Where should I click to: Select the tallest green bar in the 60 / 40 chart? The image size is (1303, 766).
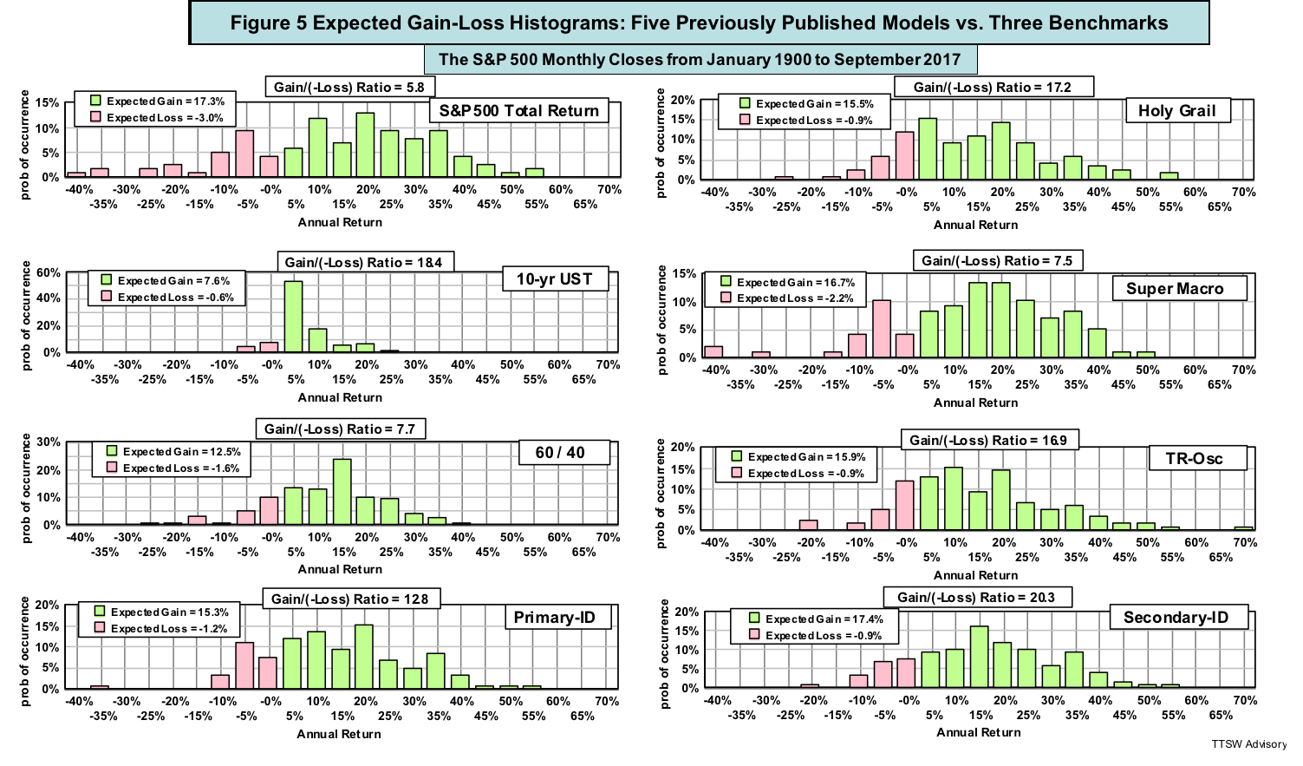(342, 492)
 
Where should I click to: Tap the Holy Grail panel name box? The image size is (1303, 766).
(1176, 110)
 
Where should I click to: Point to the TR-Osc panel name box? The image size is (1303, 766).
(1194, 459)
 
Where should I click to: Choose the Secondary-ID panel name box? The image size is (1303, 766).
(1176, 618)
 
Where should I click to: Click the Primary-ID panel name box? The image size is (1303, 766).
(555, 618)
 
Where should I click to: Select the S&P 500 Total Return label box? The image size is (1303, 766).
(518, 111)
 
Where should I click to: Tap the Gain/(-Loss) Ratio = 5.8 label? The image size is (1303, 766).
(349, 87)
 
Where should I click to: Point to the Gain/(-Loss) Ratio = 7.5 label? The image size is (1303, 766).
(996, 260)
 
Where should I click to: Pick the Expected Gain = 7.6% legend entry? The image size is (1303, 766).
(166, 280)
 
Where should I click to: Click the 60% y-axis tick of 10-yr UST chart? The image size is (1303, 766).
(49, 273)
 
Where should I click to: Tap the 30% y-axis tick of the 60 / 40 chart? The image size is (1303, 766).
(49, 442)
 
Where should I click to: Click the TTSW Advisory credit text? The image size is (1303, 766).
(1249, 744)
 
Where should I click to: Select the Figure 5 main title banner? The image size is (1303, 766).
(699, 23)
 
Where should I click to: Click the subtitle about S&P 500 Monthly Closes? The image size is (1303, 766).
(699, 59)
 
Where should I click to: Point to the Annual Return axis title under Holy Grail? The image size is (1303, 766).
(975, 225)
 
